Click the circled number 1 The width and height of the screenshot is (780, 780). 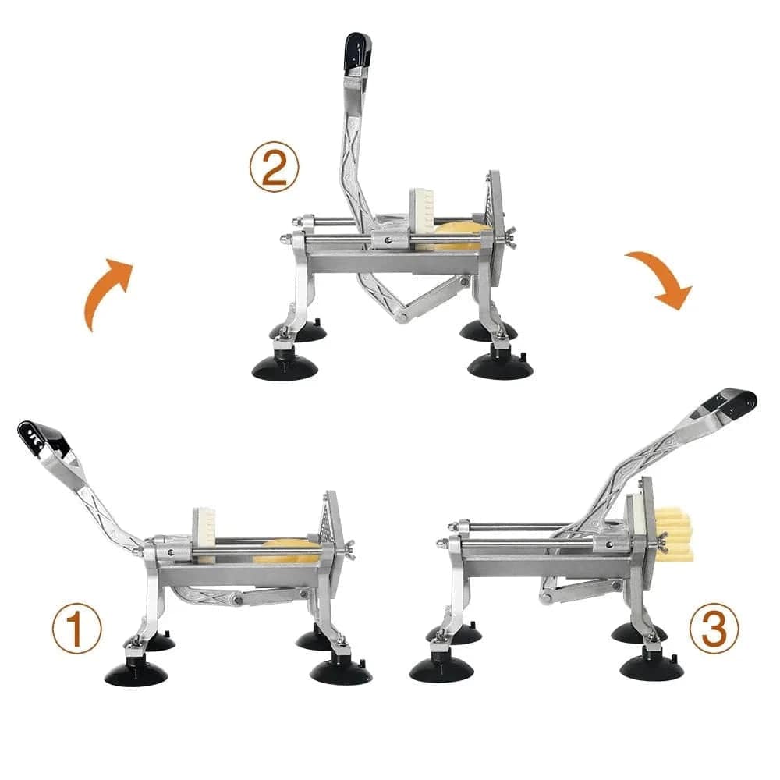[77, 628]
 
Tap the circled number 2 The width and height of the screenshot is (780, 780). [275, 168]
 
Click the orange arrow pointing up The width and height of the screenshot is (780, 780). [107, 292]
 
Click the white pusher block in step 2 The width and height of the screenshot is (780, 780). [422, 212]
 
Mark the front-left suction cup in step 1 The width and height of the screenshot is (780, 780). [136, 672]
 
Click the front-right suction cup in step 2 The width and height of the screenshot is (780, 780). [500, 366]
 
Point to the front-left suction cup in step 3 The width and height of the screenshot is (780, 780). [441, 668]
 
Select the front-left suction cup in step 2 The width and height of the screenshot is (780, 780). [285, 367]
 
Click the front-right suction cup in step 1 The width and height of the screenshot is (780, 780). [341, 671]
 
